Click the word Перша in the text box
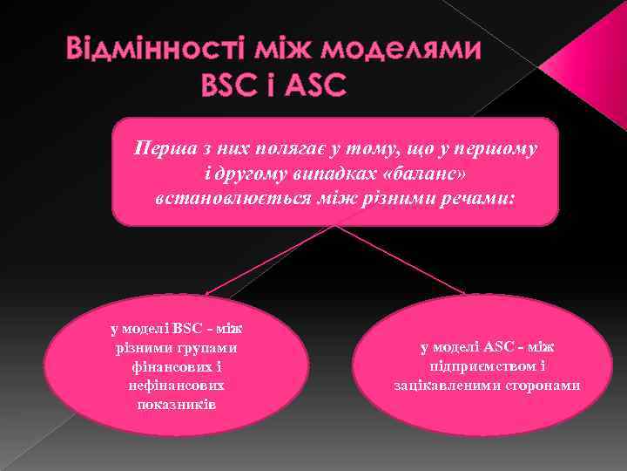click(x=158, y=148)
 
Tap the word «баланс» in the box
click(x=448, y=174)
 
